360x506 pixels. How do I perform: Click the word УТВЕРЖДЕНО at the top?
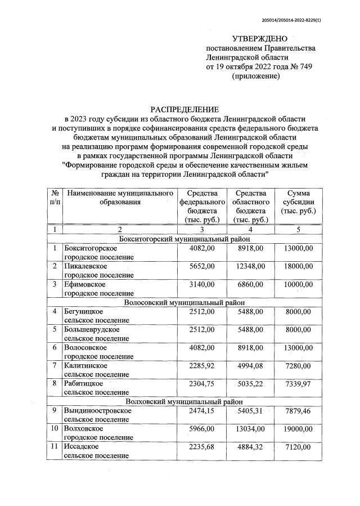click(259, 38)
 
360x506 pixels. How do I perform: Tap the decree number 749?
click(304, 67)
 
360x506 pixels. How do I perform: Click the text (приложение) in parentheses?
click(255, 77)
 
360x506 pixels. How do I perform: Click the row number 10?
click(55, 428)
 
